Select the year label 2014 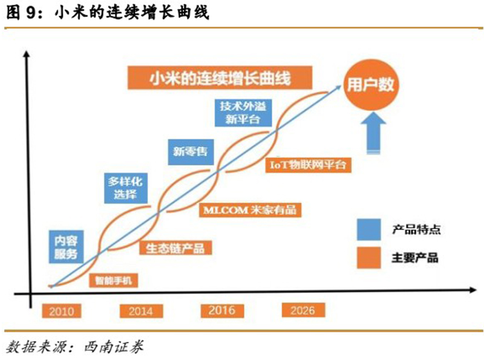click(x=141, y=311)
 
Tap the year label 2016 click(x=222, y=310)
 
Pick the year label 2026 click(x=302, y=310)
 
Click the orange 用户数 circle click(x=370, y=85)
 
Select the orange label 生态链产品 click(x=172, y=247)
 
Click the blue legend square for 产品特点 click(x=367, y=229)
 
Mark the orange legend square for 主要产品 click(x=367, y=258)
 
